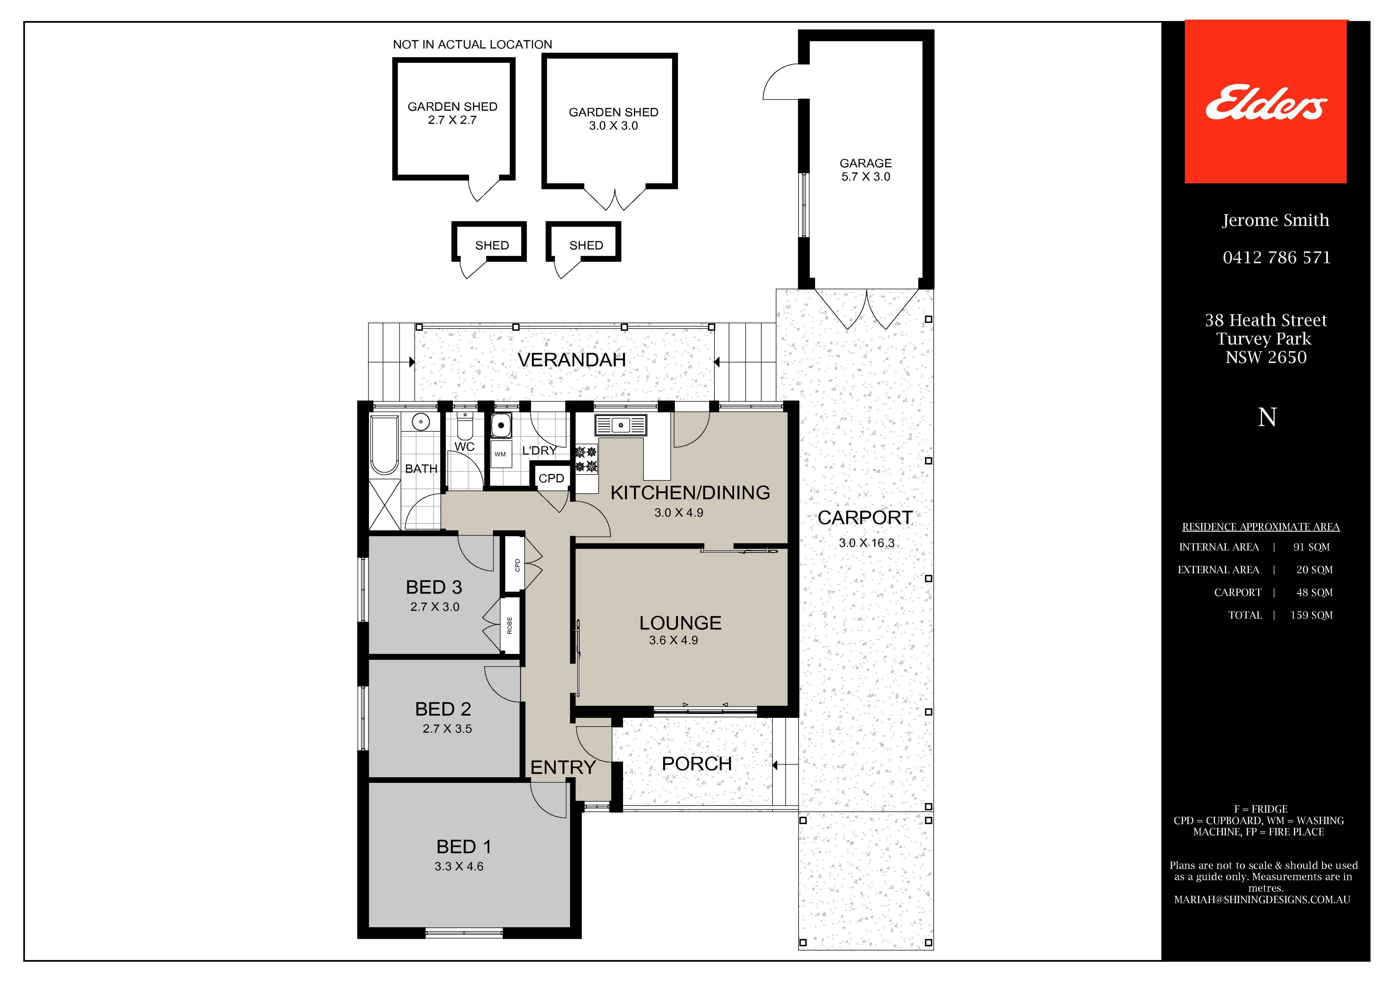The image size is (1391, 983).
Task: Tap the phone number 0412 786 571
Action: coord(1277,257)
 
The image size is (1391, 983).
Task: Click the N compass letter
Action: coord(1267,417)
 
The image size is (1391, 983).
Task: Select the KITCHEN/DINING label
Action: coord(690,492)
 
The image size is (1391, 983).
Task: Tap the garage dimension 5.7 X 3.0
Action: coord(866,177)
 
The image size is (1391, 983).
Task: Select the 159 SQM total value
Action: coord(1311,615)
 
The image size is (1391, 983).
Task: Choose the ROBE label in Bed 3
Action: coord(509,626)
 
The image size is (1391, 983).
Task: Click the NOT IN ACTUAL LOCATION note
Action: coord(473,44)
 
